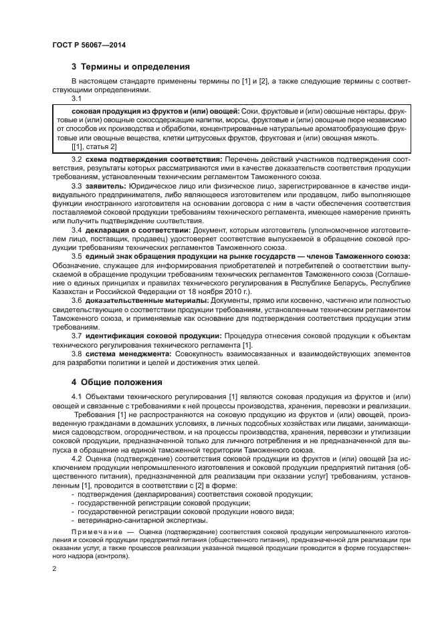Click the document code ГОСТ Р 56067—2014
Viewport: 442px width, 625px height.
click(x=89, y=44)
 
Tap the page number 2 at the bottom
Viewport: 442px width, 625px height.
click(x=54, y=568)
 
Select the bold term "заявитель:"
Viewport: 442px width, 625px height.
click(x=108, y=185)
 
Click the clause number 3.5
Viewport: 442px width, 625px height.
click(x=77, y=256)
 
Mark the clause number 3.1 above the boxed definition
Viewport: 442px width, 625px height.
click(x=77, y=98)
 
